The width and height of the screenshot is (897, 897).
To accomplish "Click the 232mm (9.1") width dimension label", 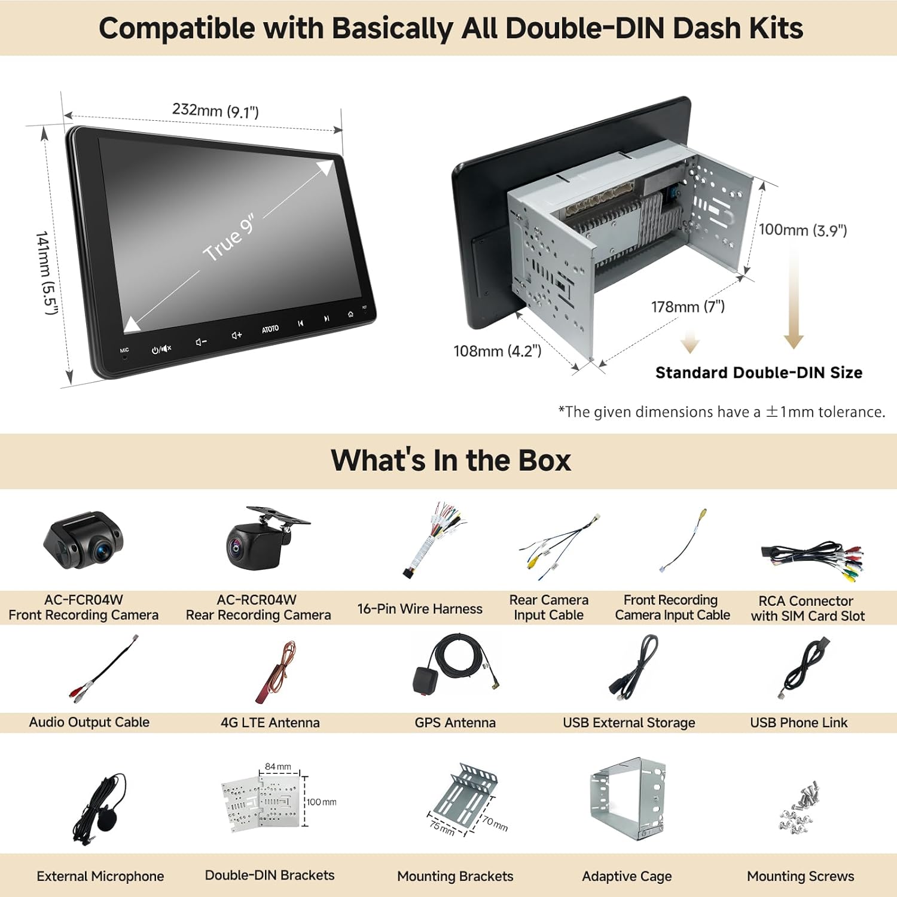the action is (x=215, y=111).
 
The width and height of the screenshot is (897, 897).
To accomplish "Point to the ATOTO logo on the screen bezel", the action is (x=270, y=329).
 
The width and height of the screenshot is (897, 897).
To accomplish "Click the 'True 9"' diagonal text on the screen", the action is (x=229, y=238).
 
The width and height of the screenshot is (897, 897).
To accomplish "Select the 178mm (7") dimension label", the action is (x=688, y=307).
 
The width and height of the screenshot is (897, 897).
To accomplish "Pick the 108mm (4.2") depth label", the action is (x=498, y=351).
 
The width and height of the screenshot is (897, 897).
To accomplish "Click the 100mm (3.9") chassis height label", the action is (x=803, y=230).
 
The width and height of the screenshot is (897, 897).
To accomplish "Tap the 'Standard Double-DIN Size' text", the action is (x=759, y=373).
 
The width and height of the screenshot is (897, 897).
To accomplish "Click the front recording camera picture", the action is (x=84, y=538).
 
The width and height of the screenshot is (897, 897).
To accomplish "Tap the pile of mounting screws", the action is (x=800, y=807).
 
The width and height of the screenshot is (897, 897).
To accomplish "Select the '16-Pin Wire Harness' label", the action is (x=420, y=609).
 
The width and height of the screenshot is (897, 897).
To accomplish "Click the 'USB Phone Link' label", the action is (x=799, y=722).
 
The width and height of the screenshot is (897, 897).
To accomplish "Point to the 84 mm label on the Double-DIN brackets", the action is (x=278, y=767).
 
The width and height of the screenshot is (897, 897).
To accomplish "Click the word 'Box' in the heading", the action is (x=545, y=460).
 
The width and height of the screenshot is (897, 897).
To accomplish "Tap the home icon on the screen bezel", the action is (x=350, y=314).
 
